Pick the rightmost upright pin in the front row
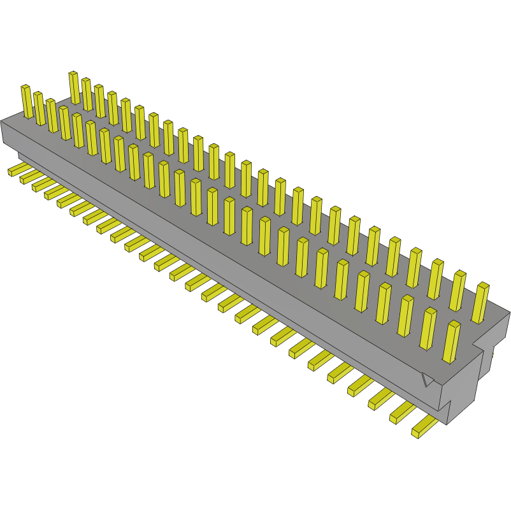(x=452, y=341)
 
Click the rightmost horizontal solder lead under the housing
(x=424, y=428)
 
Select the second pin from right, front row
(x=429, y=327)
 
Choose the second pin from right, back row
(x=458, y=290)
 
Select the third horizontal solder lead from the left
(x=42, y=185)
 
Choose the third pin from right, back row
(x=436, y=278)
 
